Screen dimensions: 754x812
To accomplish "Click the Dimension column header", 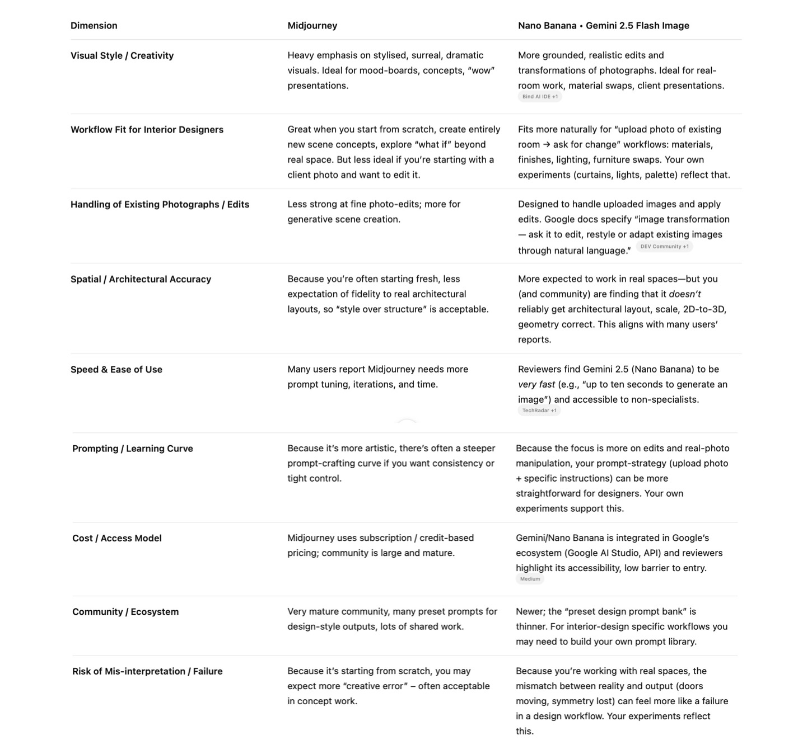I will (x=94, y=26).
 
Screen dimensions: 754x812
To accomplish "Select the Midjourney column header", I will (x=312, y=26).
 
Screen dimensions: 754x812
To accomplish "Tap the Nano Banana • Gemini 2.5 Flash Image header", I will (x=603, y=26).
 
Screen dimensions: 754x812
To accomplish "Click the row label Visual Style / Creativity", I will (x=122, y=55).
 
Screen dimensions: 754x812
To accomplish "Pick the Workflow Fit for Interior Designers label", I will (x=147, y=130).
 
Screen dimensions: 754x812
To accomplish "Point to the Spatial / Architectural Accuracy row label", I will (x=141, y=279).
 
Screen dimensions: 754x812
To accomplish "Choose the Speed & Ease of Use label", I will (x=116, y=370).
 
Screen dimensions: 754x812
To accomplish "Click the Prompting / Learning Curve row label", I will (x=132, y=449).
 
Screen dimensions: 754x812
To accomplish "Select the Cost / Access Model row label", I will (x=116, y=538).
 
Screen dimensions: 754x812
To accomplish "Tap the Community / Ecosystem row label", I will (x=125, y=612).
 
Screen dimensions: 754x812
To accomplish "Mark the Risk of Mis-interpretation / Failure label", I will (x=147, y=671).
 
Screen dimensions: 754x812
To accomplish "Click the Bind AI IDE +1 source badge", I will (x=540, y=97).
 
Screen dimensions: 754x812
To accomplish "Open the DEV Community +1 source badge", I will (x=664, y=247).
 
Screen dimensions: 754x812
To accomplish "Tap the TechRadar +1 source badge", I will (x=539, y=411).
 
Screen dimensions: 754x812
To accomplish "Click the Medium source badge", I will (x=530, y=579).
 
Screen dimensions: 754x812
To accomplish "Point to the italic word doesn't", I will (x=684, y=294).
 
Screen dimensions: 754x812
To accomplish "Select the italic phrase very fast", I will (x=536, y=385).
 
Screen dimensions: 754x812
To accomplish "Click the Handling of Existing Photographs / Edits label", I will (x=160, y=205).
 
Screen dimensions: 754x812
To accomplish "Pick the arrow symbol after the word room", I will (x=546, y=145).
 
